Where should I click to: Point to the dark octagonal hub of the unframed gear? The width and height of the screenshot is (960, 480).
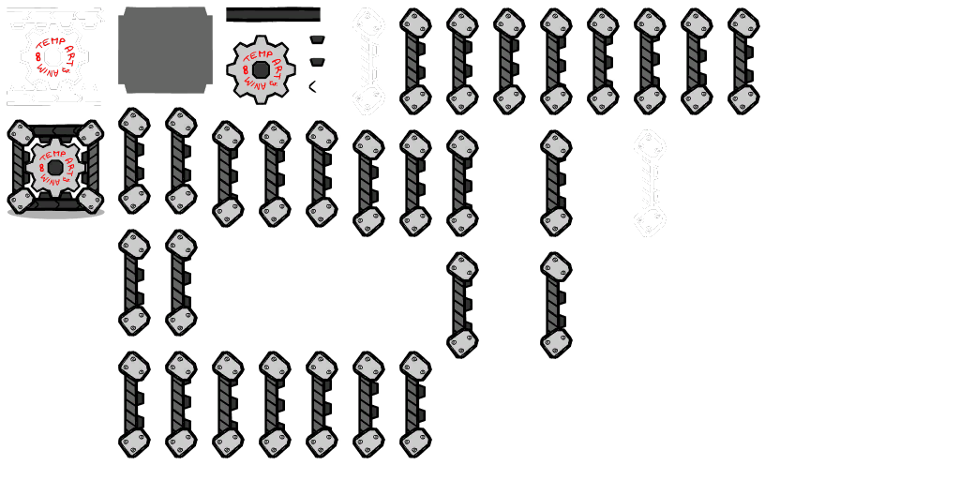click(x=262, y=70)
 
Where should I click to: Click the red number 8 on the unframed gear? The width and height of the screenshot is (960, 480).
click(x=246, y=70)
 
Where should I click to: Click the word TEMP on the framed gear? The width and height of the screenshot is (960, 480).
click(x=52, y=154)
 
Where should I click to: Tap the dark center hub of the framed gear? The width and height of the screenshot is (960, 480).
click(x=55, y=168)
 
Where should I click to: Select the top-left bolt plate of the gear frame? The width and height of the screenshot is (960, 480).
click(x=21, y=133)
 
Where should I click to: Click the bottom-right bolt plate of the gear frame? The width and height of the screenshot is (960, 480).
click(x=90, y=200)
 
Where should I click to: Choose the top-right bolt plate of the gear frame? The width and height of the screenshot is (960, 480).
click(x=90, y=133)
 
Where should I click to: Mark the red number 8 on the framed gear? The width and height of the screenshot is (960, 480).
click(x=40, y=169)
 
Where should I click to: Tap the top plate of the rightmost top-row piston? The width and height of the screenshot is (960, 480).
click(x=742, y=23)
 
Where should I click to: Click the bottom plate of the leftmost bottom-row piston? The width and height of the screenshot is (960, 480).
click(x=133, y=441)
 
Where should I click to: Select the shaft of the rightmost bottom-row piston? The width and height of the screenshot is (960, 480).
click(x=413, y=403)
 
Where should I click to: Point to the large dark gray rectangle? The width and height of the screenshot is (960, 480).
click(x=806, y=272)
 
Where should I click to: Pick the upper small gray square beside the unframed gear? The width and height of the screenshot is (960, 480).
click(x=318, y=35)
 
